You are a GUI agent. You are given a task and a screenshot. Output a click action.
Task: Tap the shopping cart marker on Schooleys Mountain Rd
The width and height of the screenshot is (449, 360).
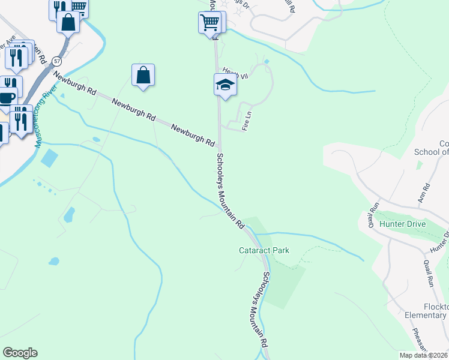[209, 23]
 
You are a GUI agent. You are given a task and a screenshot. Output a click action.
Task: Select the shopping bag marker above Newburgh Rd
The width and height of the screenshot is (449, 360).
[143, 76]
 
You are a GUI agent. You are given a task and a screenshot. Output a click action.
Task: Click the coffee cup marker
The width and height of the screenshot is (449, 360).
[7, 97]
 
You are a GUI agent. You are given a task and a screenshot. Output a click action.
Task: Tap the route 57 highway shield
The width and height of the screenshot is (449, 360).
[56, 61]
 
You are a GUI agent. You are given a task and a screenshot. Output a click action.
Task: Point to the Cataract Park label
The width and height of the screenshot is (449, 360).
[264, 250]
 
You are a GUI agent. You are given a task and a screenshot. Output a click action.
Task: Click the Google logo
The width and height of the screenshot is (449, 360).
[20, 353]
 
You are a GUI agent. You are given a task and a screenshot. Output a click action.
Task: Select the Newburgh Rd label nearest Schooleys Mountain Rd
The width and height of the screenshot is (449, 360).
[193, 136]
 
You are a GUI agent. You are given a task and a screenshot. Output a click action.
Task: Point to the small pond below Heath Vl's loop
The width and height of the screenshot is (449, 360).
[267, 61]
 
